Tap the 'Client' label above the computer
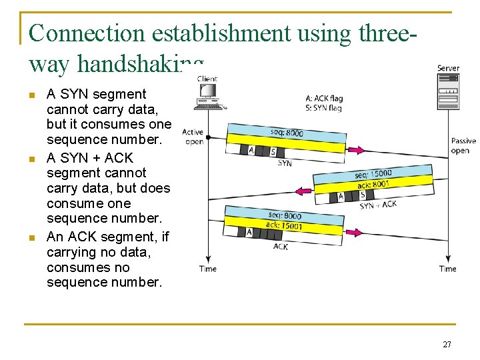(x=207, y=79)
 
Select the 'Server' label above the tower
(x=448, y=68)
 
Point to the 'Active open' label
(x=193, y=137)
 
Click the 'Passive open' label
(x=463, y=145)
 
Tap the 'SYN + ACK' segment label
(x=378, y=205)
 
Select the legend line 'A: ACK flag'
(x=324, y=99)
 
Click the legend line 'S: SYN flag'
(x=323, y=107)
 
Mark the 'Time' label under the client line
(x=208, y=269)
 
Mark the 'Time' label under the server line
(x=448, y=269)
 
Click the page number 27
(x=447, y=345)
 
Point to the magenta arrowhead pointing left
(x=303, y=191)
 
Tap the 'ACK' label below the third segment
(x=281, y=247)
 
